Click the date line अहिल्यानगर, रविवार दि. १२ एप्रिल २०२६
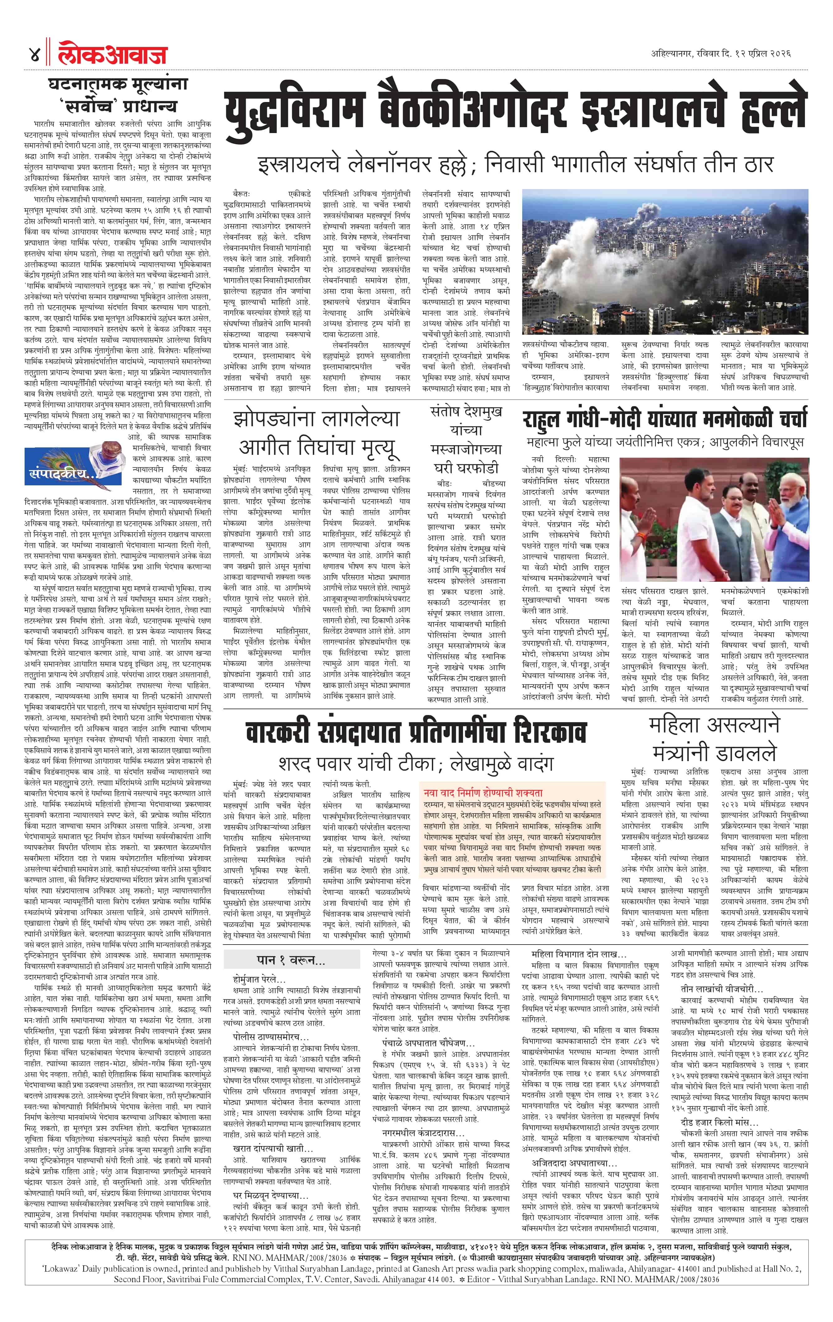pyautogui.click(x=720, y=54)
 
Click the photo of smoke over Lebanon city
pyautogui.click(x=665, y=261)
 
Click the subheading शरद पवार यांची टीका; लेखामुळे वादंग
pyautogui.click(x=415, y=763)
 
